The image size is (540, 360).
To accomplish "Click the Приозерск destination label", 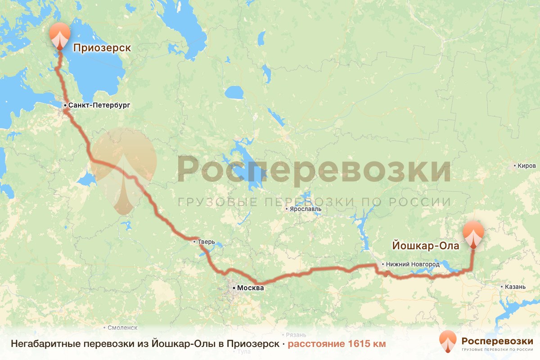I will click(102, 48).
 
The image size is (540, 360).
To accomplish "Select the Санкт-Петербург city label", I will click(99, 105).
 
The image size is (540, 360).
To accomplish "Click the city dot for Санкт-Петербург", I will click(65, 105).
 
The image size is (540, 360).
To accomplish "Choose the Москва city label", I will click(251, 288).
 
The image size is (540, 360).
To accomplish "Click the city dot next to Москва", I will click(234, 287).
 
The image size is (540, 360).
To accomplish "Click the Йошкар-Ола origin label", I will click(426, 246).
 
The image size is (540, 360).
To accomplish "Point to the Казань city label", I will click(515, 287).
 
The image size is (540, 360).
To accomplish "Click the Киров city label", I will click(527, 166).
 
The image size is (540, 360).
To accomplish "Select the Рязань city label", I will click(297, 335).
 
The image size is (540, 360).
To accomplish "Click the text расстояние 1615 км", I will click(337, 344).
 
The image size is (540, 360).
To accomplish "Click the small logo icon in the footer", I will click(448, 342).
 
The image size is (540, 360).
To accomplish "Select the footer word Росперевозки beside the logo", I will click(497, 339).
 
